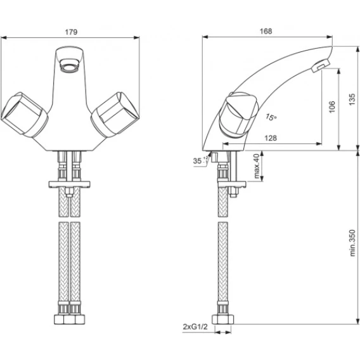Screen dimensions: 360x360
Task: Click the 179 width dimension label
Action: [x=71, y=32]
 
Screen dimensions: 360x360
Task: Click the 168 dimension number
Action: [x=266, y=31]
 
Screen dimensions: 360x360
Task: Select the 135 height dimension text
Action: [x=352, y=99]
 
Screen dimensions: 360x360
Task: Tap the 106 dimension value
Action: [x=332, y=106]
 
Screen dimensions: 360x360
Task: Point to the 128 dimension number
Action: [x=271, y=138]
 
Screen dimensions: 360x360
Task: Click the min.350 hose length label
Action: [x=352, y=243]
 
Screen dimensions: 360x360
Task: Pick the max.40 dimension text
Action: [x=257, y=166]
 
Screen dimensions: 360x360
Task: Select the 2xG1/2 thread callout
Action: [x=195, y=326]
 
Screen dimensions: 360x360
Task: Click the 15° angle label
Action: [x=271, y=117]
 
